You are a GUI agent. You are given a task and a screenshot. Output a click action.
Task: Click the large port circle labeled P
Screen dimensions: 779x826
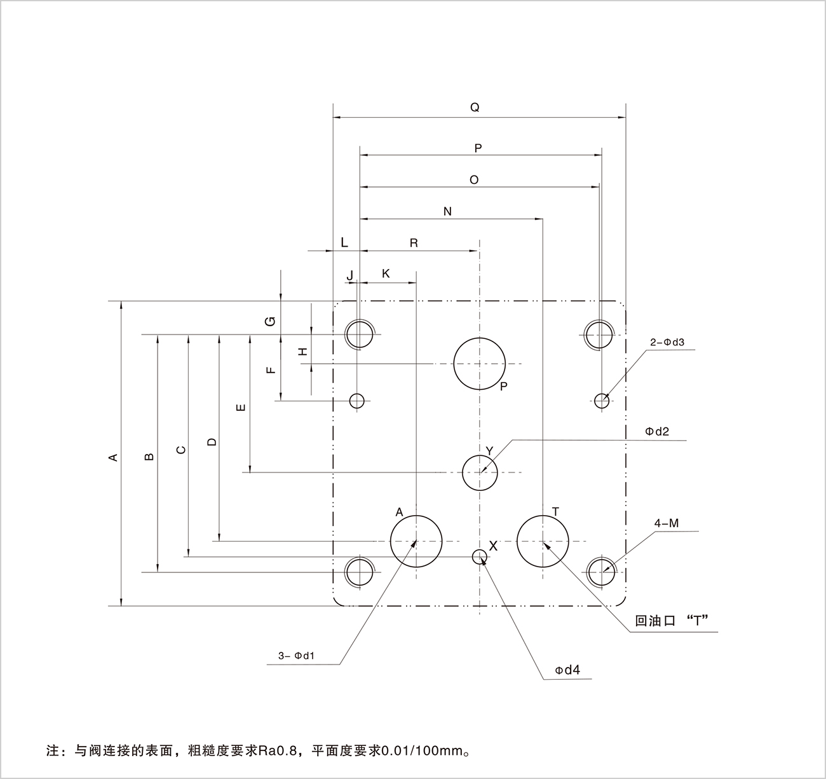tap(480, 364)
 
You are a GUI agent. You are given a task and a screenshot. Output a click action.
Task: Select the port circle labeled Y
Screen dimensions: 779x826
tap(480, 472)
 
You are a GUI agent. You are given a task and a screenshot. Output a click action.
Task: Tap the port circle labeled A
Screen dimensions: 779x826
tap(416, 541)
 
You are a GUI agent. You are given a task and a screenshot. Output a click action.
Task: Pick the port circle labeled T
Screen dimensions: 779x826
tap(543, 541)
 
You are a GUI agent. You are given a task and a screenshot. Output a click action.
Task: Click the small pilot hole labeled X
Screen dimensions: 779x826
tap(479, 557)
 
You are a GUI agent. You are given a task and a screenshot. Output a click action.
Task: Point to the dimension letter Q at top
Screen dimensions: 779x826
tap(475, 107)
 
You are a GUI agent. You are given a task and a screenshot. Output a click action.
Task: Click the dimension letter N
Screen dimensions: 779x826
tap(447, 211)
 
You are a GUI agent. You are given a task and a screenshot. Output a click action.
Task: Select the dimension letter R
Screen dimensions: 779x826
tap(414, 243)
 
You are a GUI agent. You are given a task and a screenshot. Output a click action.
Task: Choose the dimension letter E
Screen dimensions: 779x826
tap(240, 407)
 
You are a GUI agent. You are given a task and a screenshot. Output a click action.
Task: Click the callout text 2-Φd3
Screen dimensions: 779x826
tap(667, 342)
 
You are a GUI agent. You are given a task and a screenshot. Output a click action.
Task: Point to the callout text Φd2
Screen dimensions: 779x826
tap(657, 431)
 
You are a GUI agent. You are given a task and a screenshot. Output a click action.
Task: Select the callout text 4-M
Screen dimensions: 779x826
tap(667, 523)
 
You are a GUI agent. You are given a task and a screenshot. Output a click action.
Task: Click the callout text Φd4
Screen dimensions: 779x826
tap(567, 670)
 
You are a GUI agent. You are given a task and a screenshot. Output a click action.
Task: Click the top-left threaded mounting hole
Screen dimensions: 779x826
tap(359, 333)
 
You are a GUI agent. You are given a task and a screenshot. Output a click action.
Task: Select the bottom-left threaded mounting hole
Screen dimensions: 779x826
tap(359, 571)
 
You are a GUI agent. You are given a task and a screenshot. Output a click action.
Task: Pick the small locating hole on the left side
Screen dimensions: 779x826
tap(357, 401)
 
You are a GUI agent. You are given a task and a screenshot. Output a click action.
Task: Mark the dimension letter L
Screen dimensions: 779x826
tap(344, 242)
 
